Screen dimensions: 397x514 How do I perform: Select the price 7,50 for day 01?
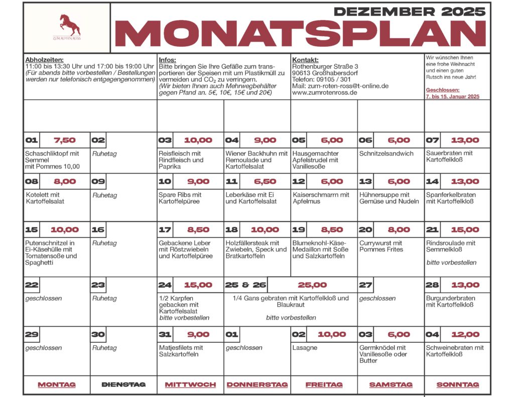pyautogui.click(x=65, y=141)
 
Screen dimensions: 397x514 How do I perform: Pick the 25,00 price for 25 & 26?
pyautogui.click(x=312, y=285)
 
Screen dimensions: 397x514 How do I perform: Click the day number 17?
pyautogui.click(x=166, y=230)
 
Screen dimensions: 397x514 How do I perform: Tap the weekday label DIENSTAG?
pyautogui.click(x=123, y=384)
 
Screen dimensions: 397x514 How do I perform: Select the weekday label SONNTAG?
pyautogui.click(x=457, y=384)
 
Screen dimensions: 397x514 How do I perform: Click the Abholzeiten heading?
pyautogui.click(x=45, y=60)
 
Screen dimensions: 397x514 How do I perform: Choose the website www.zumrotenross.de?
pyautogui.click(x=324, y=92)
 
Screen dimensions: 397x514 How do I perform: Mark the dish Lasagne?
pyautogui.click(x=305, y=347)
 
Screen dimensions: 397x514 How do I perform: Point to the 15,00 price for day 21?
pyautogui.click(x=465, y=230)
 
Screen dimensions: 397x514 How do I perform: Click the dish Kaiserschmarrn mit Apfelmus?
pyautogui.click(x=321, y=198)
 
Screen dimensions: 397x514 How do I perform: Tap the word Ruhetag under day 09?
pyautogui.click(x=104, y=195)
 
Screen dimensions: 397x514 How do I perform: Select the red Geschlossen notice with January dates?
pyautogui.click(x=452, y=93)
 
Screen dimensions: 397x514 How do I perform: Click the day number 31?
pyautogui.click(x=166, y=335)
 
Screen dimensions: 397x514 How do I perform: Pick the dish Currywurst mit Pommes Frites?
pyautogui.click(x=381, y=246)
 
